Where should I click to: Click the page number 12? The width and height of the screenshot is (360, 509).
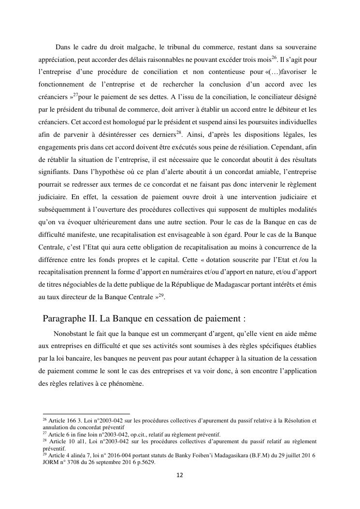click(180, 475)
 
